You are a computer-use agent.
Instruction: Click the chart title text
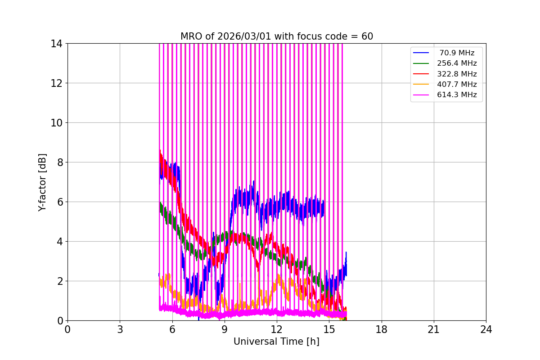click(x=277, y=36)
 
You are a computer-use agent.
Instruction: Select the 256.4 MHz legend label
click(x=457, y=63)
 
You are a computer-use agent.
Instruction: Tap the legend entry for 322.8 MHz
click(x=457, y=74)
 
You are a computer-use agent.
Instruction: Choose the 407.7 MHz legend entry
click(x=457, y=84)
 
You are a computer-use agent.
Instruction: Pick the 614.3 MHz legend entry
click(x=457, y=95)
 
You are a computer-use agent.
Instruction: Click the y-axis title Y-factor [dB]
click(x=42, y=182)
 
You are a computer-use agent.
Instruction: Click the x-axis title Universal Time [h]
click(x=276, y=342)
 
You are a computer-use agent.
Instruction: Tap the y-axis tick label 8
click(x=59, y=162)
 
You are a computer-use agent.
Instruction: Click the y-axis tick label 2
click(x=59, y=281)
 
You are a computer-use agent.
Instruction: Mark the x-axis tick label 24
click(x=486, y=329)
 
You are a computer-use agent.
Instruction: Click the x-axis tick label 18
click(x=382, y=329)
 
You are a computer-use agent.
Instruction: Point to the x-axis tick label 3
click(x=120, y=329)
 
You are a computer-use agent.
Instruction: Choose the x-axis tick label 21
click(x=434, y=329)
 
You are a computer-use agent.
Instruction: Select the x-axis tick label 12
click(x=277, y=329)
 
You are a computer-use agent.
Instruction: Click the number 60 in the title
click(x=367, y=36)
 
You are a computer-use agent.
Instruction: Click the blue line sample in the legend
click(x=421, y=53)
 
